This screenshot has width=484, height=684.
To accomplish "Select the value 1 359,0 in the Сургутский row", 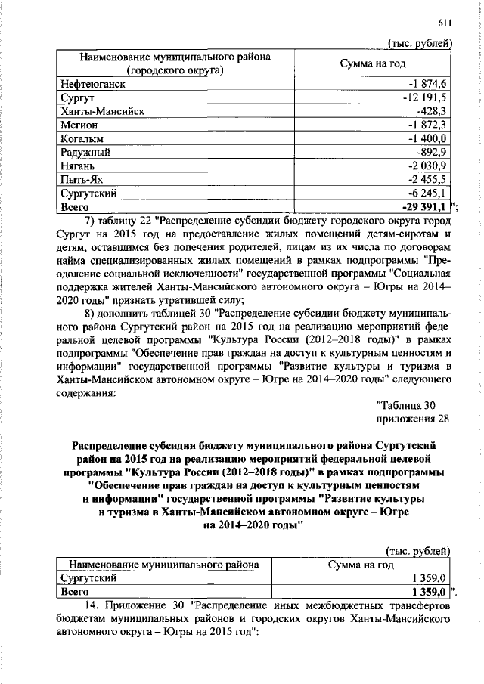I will [430, 577].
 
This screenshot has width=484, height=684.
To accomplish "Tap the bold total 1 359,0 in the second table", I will [430, 591].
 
